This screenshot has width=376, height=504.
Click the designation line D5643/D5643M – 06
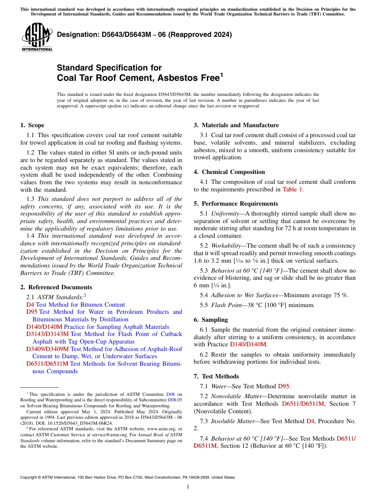[144, 34]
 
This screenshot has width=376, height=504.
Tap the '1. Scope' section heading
[32, 125]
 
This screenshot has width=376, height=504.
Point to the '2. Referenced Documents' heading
[56, 287]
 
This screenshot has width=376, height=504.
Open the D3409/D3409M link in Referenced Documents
[47, 349]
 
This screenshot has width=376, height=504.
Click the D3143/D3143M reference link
[47, 334]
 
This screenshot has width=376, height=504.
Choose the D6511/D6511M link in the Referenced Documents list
[47, 364]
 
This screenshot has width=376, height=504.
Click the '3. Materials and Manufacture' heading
[236, 125]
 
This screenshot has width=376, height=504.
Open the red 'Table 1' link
[292, 189]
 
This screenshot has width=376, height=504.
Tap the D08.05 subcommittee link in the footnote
[175, 400]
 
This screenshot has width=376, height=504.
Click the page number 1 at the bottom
[188, 487]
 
